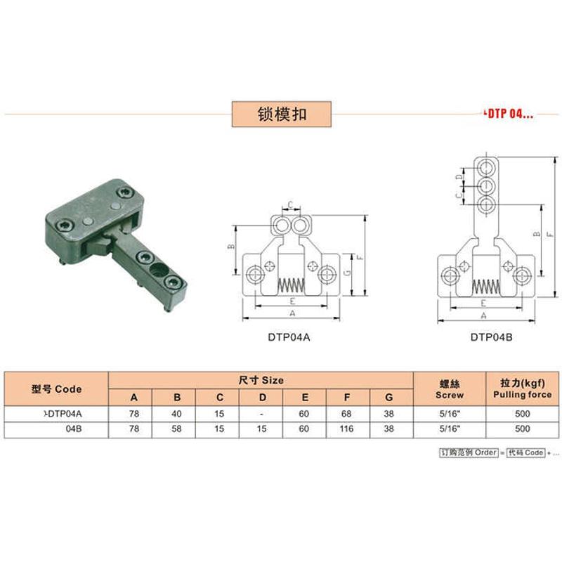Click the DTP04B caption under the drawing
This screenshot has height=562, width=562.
491,337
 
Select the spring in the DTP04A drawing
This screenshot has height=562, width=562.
290,286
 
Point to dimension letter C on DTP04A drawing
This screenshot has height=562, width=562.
290,205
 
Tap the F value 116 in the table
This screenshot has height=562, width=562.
346,426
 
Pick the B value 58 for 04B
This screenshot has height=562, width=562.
176,426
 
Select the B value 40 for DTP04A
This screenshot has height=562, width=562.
176,413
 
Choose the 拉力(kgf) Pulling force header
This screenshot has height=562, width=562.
521,388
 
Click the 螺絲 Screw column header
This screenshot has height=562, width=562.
450,388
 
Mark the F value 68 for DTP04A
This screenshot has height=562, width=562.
346,413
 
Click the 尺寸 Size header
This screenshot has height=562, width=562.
261,380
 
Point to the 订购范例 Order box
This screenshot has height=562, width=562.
468,452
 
